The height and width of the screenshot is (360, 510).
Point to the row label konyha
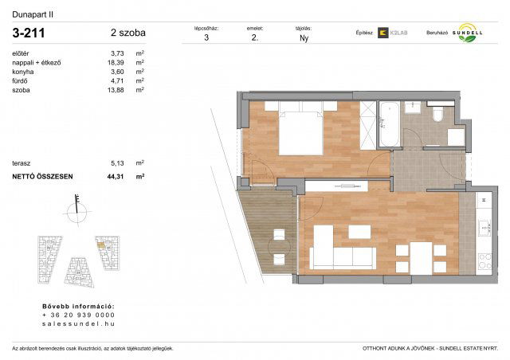tap(23, 72)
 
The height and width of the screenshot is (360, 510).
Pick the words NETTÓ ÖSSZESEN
tap(41, 176)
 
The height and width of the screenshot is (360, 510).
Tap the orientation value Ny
tap(304, 37)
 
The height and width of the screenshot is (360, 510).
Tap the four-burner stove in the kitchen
tap(484, 260)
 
